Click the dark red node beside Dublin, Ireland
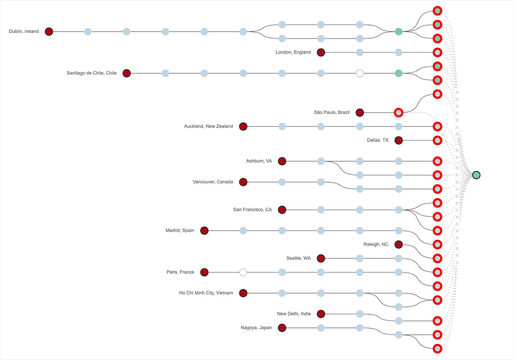pos(49,31)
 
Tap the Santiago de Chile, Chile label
pos(91,73)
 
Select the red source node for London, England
pos(321,52)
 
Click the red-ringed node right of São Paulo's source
pos(398,113)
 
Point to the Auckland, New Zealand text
pos(209,126)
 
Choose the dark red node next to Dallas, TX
pos(398,140)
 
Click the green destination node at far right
pos(476,175)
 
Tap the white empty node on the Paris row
pos(243,272)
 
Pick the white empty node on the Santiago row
pos(360,73)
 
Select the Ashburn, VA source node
pos(282,161)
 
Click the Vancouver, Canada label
pos(213,182)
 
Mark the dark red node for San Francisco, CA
pos(282,210)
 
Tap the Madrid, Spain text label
pos(180,231)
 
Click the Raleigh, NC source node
pos(398,244)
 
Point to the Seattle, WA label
pos(299,258)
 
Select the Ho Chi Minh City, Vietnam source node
pos(243,293)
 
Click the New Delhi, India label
pos(294,314)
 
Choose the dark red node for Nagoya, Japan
pos(282,328)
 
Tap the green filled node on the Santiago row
pos(398,73)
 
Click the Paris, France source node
pos(204,272)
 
